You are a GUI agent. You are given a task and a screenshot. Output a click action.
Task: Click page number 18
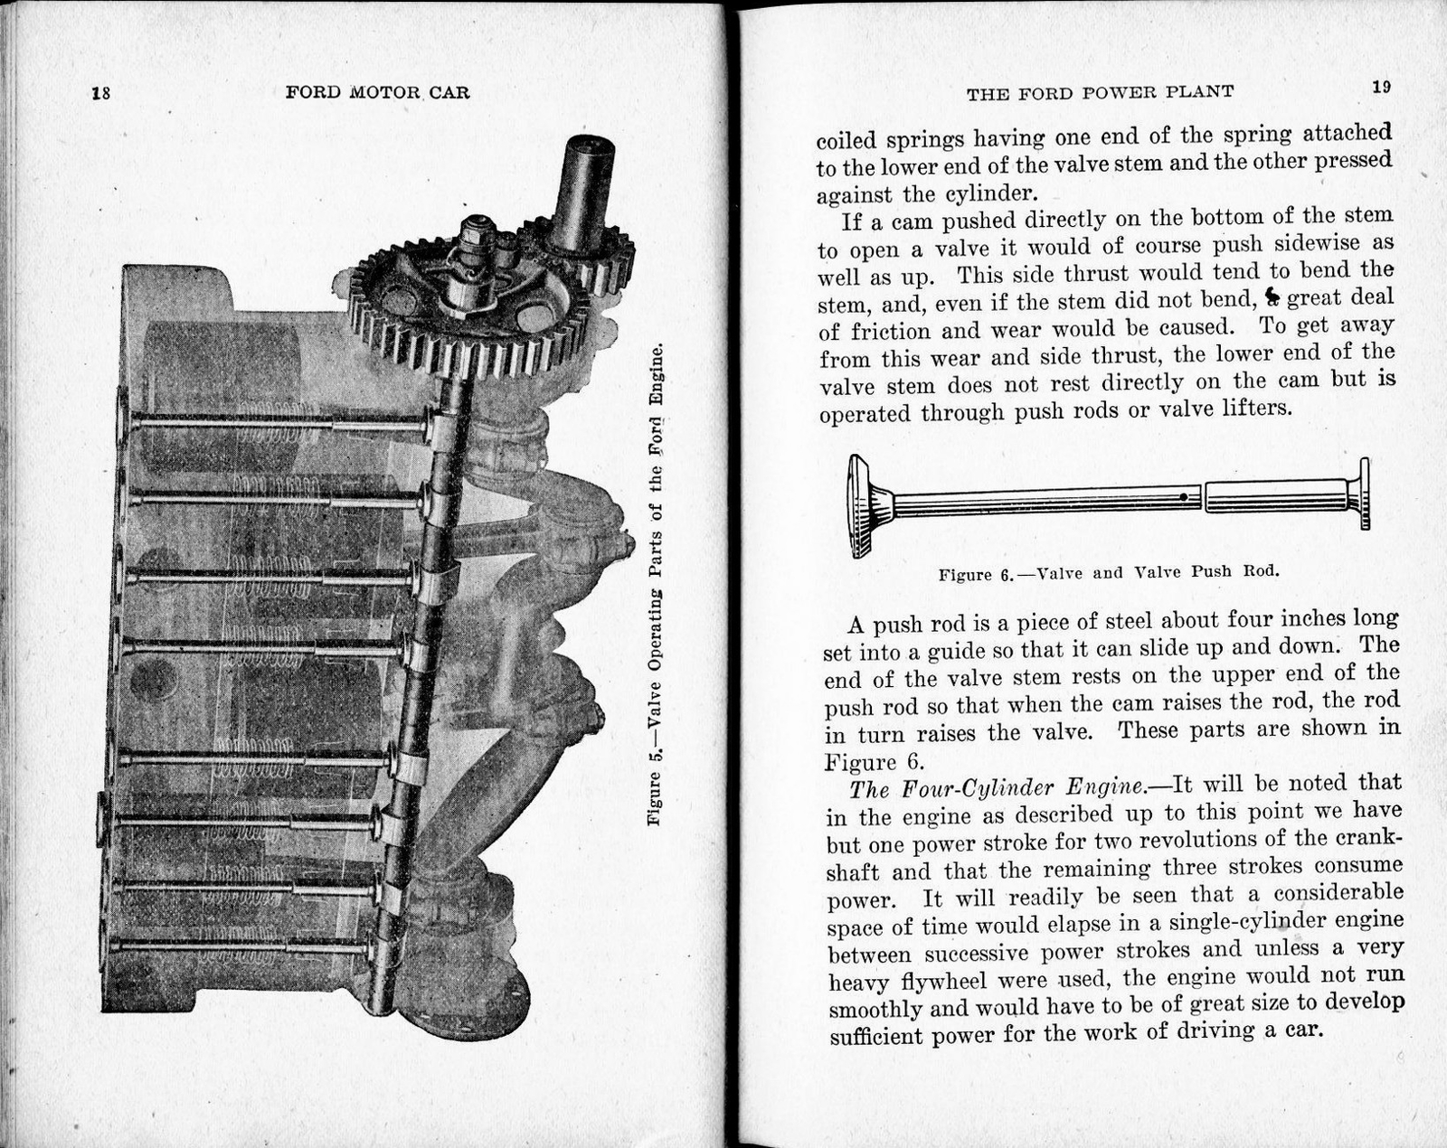coord(100,92)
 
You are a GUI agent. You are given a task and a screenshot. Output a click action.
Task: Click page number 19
coord(1380,87)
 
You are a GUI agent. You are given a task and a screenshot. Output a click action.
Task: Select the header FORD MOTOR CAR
coord(377,92)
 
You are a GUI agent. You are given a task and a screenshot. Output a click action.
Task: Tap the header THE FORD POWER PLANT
coord(1100,92)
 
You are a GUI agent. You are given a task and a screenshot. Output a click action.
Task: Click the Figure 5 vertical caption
coord(656,583)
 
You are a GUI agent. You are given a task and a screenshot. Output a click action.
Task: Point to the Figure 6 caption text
coord(1109,573)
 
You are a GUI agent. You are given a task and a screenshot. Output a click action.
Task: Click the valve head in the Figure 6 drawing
coord(859,504)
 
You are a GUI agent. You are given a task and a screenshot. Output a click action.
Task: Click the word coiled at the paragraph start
coord(846,141)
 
